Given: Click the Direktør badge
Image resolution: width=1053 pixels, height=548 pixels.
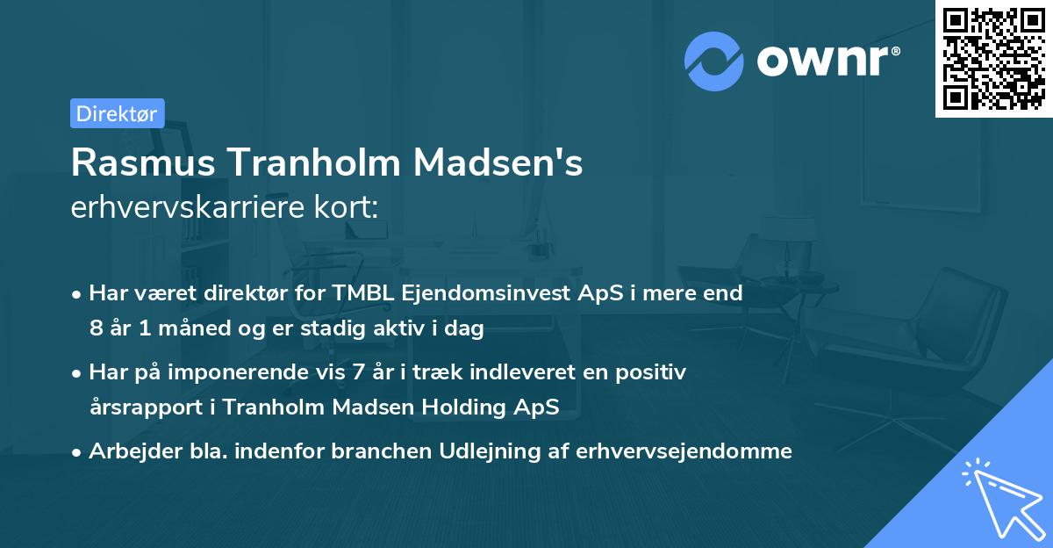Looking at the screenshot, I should (117, 113).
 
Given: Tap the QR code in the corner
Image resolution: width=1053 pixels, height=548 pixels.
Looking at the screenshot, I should (993, 58).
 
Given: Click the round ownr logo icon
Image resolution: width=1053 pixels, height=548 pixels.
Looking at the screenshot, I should (714, 61).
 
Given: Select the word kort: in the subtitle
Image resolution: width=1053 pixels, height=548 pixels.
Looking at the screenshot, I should (355, 208).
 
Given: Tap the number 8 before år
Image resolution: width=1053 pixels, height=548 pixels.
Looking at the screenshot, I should (95, 328).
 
